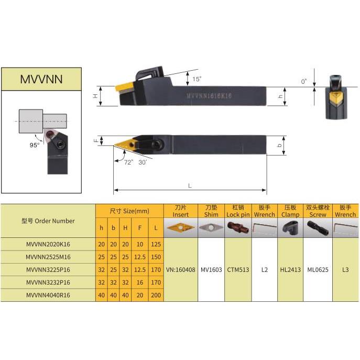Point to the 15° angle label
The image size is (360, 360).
pos(197,79)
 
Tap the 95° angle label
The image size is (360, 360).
pos(34,145)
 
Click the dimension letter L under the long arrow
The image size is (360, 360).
pos(190,186)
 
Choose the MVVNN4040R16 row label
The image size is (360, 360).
pos(48,296)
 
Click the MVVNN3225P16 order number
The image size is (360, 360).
pos(48,269)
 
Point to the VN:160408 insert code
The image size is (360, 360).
pos(181,270)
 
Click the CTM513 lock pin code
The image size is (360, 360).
pos(237,270)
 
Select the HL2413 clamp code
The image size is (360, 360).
pos(290,270)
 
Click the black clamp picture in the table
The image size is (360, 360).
pos(290,227)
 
